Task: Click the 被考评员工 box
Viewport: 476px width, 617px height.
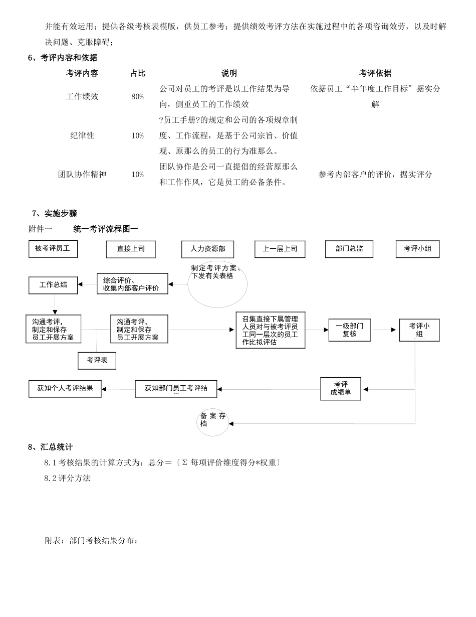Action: (x=53, y=249)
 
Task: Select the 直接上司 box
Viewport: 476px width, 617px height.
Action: (x=131, y=249)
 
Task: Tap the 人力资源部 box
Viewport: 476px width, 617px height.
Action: (x=207, y=249)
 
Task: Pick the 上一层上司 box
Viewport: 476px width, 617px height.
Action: (x=280, y=249)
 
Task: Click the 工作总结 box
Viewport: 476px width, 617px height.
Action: (x=53, y=285)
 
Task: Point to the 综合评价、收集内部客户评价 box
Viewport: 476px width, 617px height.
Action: (x=132, y=284)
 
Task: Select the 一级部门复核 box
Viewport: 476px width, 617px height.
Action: (x=350, y=330)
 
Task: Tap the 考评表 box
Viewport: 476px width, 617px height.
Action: (x=97, y=360)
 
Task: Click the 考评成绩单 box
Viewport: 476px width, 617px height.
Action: (x=341, y=389)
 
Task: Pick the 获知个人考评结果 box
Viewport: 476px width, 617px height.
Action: (x=65, y=389)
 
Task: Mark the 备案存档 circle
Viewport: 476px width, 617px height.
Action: (x=213, y=421)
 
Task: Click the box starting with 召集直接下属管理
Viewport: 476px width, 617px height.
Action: (x=271, y=330)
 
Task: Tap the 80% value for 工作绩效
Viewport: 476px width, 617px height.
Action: (x=138, y=97)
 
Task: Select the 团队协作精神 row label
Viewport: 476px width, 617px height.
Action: (x=82, y=175)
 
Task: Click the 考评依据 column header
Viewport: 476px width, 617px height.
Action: (x=375, y=73)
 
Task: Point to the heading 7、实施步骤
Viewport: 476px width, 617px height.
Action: (x=54, y=214)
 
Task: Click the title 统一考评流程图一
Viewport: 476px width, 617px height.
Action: (x=106, y=229)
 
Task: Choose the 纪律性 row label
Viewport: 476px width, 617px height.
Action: (x=82, y=135)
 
